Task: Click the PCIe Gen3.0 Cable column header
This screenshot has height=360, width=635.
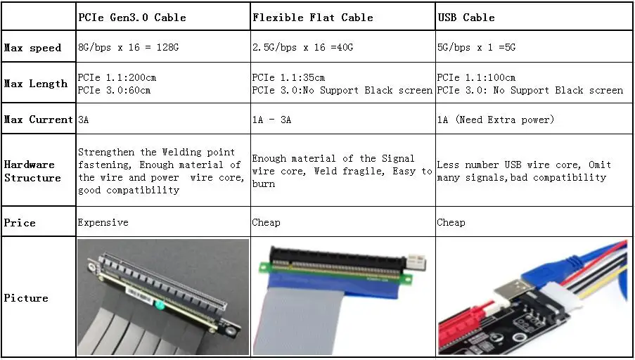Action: (x=132, y=18)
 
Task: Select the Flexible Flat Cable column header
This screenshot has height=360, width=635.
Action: (x=313, y=18)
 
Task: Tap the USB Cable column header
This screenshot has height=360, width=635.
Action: (x=466, y=18)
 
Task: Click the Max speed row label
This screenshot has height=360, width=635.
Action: (x=32, y=48)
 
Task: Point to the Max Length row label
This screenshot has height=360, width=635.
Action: (x=36, y=84)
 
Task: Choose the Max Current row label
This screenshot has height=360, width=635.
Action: (x=39, y=120)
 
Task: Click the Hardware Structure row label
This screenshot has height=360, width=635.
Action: (x=32, y=171)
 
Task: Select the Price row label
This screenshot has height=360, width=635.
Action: (x=20, y=223)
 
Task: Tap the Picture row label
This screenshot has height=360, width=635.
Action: (x=26, y=298)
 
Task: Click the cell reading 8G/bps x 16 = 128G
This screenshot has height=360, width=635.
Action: (x=128, y=47)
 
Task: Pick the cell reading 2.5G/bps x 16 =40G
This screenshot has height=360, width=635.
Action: (x=302, y=47)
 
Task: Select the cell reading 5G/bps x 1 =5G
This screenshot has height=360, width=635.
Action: (x=476, y=47)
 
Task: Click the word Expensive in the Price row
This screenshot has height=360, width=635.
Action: (x=103, y=222)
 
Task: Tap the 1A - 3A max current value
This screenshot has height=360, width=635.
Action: (x=271, y=120)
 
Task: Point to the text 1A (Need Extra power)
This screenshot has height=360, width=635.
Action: (x=495, y=120)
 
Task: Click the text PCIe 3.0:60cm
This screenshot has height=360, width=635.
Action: (x=114, y=90)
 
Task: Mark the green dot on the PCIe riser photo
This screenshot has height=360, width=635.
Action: (x=160, y=305)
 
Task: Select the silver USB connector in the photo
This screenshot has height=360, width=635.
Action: (x=509, y=290)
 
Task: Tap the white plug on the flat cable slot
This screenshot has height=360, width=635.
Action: (x=416, y=262)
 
